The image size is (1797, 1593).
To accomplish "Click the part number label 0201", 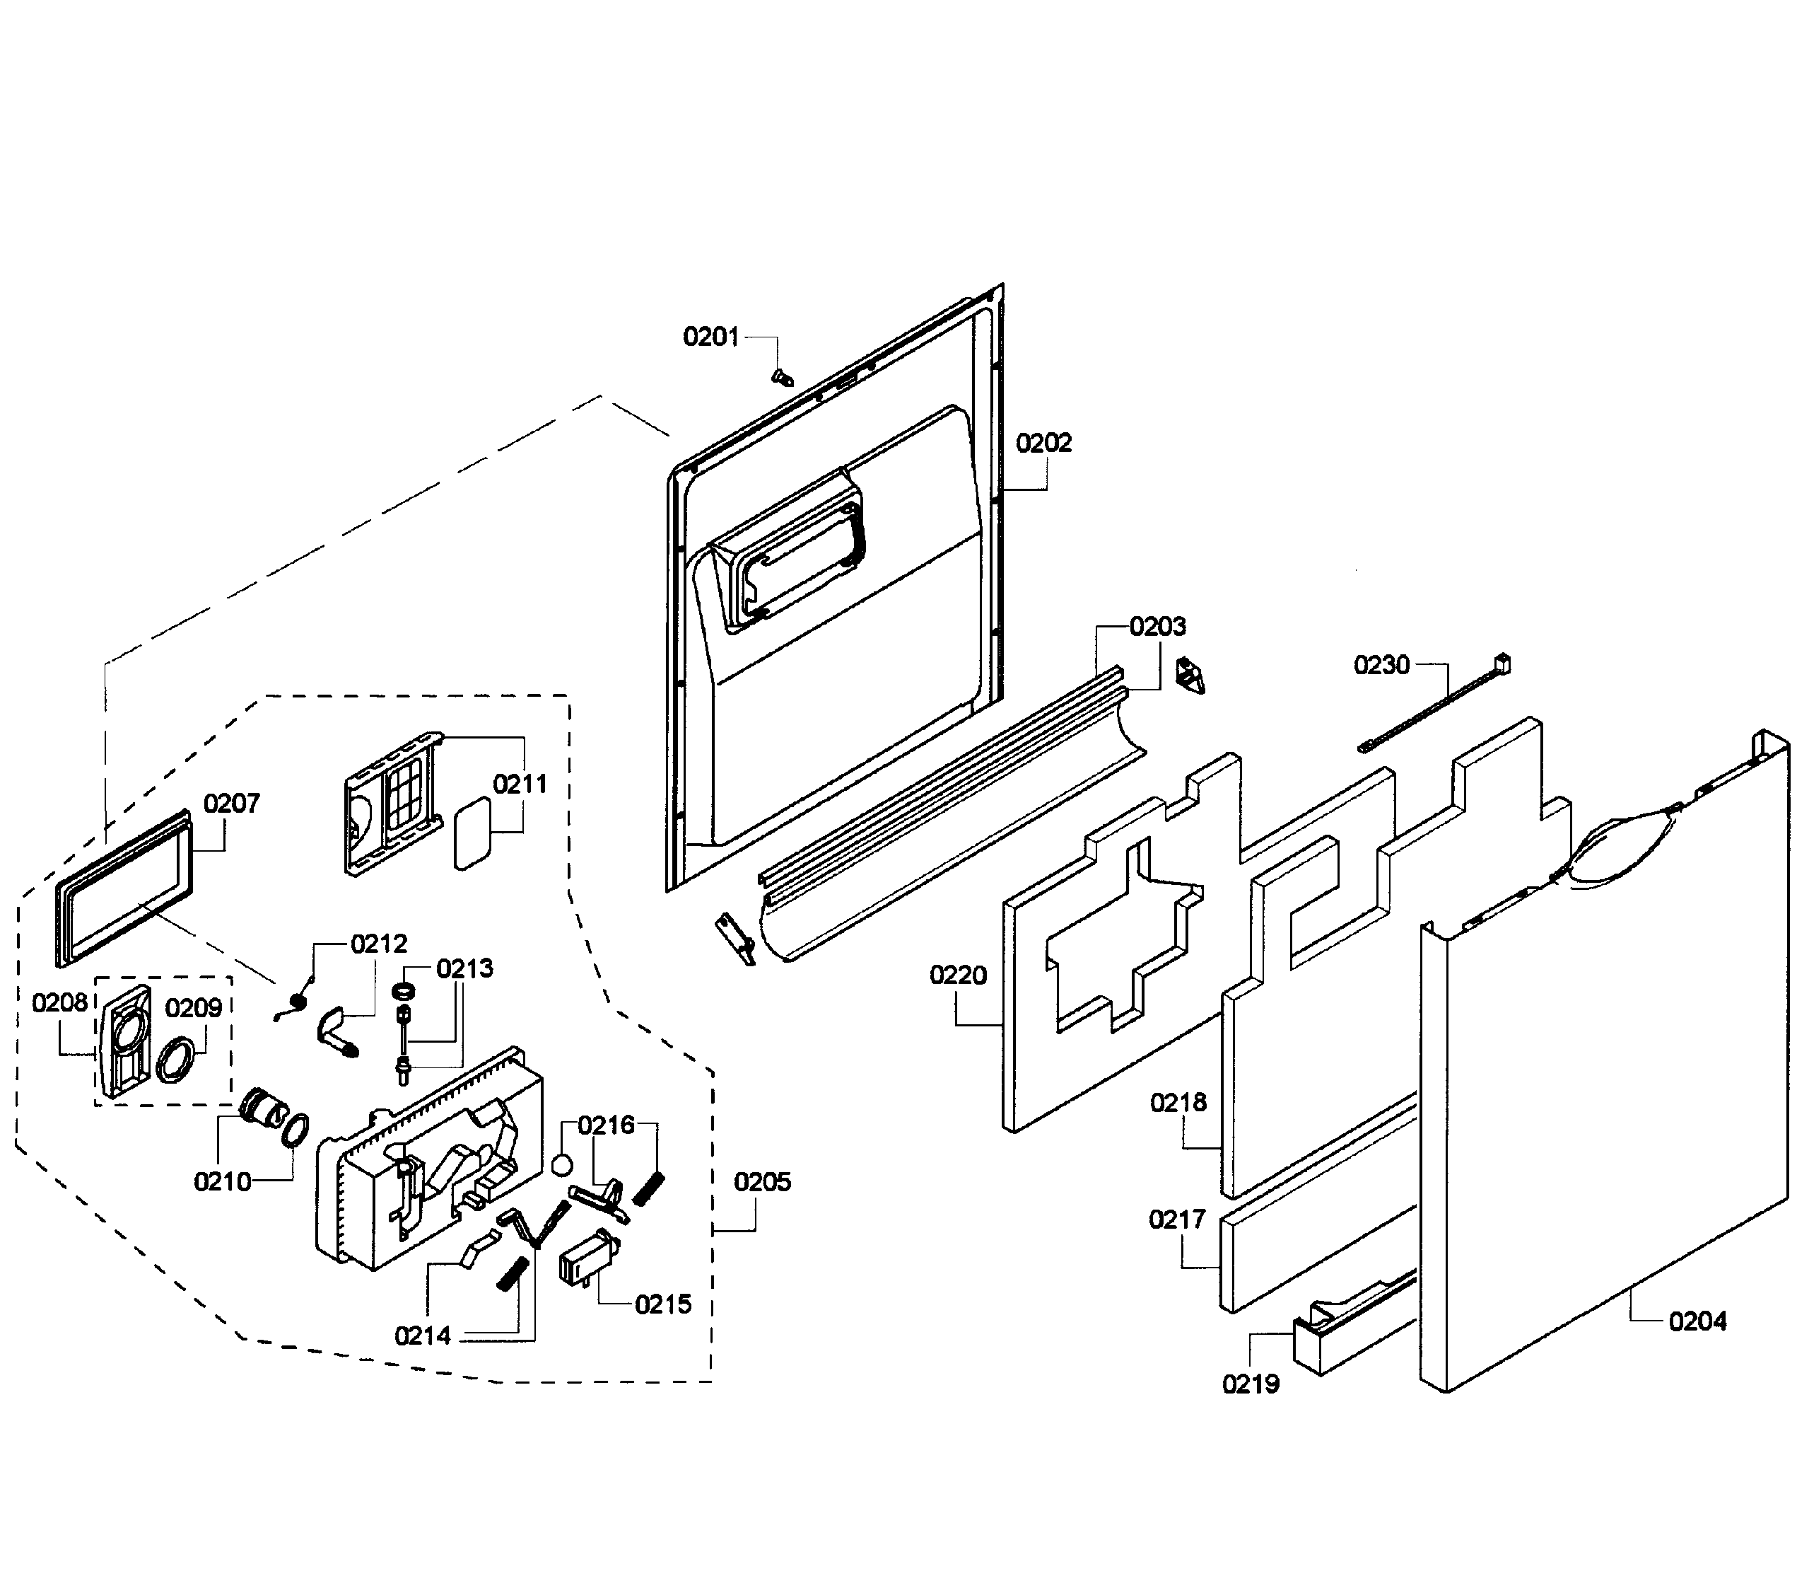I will pos(710,337).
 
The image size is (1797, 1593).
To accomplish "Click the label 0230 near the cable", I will pos(1381,665).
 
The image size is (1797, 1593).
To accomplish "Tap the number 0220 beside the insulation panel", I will pos(959,975).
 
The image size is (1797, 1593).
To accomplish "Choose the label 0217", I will pos(1176,1220).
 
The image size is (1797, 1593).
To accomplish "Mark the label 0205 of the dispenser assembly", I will pos(762,1181).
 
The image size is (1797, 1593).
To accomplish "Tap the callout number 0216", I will pos(606,1125).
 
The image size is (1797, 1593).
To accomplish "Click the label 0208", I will pos(60,1003).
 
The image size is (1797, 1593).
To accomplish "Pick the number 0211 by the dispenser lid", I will pos(520,784).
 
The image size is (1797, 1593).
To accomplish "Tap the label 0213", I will pos(464,968).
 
